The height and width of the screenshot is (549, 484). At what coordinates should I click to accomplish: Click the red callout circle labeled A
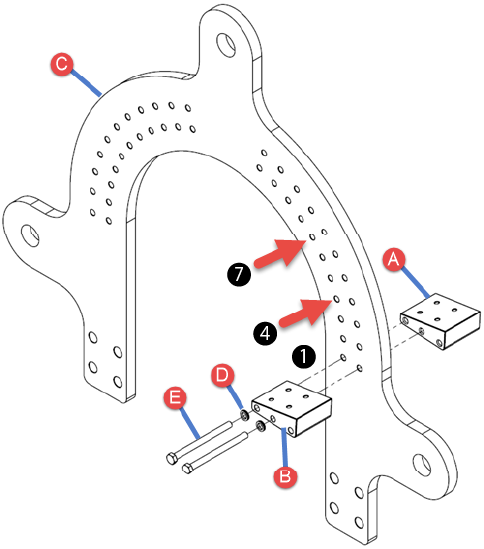(x=394, y=259)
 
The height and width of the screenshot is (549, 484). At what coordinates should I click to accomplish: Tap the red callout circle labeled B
(x=285, y=476)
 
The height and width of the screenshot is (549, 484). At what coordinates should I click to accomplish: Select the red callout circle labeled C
(x=62, y=64)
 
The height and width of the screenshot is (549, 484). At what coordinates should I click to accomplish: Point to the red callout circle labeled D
(x=223, y=375)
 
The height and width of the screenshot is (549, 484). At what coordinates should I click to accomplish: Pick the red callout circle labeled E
(x=175, y=397)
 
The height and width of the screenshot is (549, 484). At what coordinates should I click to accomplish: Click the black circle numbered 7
(x=239, y=274)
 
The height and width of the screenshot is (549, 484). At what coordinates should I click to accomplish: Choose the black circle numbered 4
(x=265, y=333)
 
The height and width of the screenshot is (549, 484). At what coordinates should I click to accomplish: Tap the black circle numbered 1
(x=304, y=356)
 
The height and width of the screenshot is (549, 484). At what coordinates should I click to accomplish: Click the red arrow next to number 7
(x=280, y=253)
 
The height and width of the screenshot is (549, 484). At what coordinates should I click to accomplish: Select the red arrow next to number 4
(x=306, y=313)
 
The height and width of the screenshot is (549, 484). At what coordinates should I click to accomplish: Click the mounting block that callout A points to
(x=440, y=321)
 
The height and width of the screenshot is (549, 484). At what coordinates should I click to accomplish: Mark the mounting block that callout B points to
(x=291, y=409)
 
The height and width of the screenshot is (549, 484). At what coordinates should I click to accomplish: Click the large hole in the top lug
(x=226, y=44)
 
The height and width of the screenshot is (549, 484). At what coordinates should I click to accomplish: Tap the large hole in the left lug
(x=30, y=235)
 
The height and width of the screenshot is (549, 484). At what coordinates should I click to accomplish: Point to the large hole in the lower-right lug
(x=422, y=465)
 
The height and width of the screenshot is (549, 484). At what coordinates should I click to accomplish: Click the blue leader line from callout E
(x=191, y=423)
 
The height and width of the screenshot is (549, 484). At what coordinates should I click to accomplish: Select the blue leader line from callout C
(x=87, y=83)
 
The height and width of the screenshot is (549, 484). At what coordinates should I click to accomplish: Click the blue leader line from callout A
(x=416, y=283)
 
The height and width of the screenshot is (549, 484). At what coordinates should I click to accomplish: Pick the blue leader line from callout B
(x=285, y=447)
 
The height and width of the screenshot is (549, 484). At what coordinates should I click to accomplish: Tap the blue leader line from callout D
(x=236, y=397)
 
